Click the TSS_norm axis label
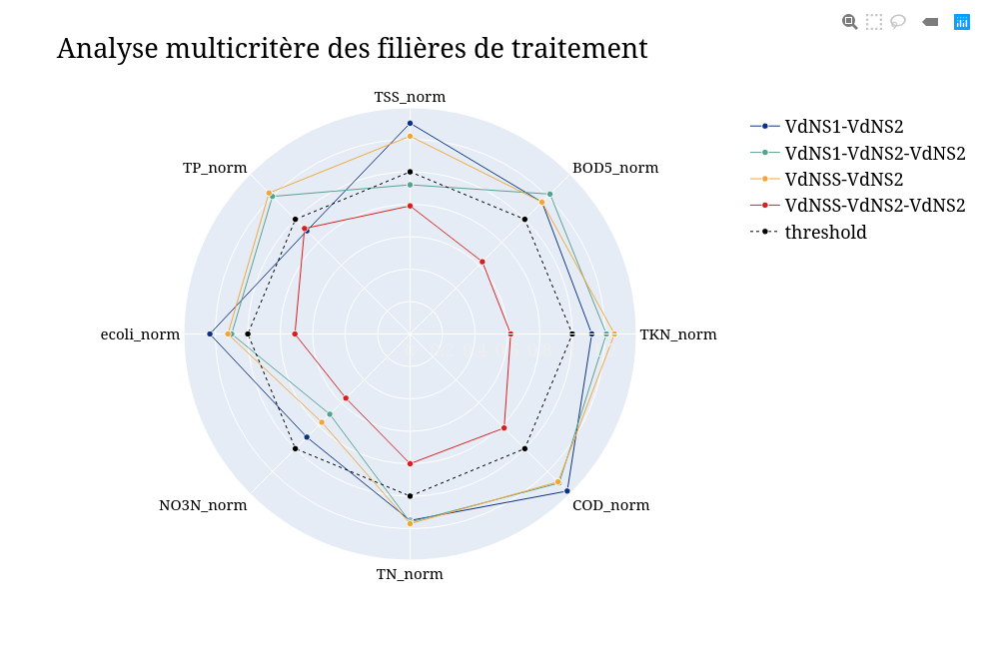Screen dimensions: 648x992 click(410, 97)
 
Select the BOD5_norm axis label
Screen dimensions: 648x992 click(614, 168)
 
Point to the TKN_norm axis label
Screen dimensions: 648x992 click(677, 334)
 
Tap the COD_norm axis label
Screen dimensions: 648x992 click(610, 505)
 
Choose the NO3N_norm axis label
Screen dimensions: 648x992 click(203, 505)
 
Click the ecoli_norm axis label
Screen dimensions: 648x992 click(140, 334)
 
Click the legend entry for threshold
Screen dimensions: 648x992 click(825, 233)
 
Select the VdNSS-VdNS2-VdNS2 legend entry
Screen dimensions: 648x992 click(874, 206)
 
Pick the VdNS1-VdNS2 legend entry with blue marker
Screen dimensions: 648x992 click(843, 126)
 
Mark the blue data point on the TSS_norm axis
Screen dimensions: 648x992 click(410, 123)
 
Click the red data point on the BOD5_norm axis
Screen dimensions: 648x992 click(483, 262)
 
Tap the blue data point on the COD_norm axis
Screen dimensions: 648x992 click(567, 491)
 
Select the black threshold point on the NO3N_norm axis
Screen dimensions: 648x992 click(295, 448)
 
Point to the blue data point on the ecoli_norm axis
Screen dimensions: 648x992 click(210, 333)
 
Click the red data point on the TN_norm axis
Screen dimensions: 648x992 click(410, 463)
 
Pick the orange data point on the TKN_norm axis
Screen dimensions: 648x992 click(613, 333)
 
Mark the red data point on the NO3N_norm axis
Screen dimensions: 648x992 click(346, 398)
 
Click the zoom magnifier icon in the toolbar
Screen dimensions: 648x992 click(849, 21)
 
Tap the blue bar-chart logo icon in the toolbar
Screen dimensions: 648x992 click(962, 21)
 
